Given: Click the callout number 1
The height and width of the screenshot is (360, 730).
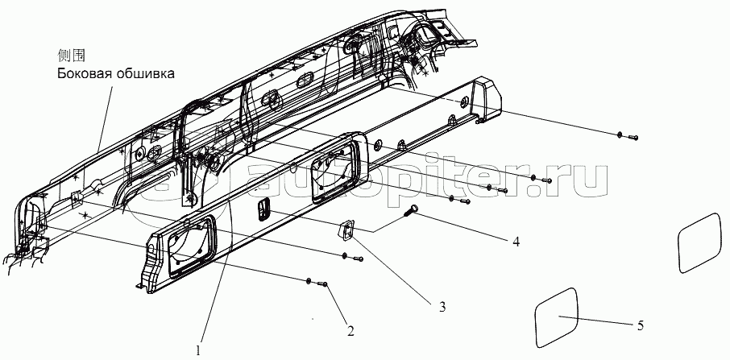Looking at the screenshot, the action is [199, 350].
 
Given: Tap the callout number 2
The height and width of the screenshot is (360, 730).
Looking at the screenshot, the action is [350, 331].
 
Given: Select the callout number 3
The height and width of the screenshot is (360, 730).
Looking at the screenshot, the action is [442, 307].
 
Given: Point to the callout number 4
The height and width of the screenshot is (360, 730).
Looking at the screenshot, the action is [516, 242].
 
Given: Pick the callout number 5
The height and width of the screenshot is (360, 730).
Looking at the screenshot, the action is [640, 325].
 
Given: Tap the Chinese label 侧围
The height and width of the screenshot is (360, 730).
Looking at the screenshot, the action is [71, 56].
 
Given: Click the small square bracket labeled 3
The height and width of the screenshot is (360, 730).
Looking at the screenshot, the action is [345, 230].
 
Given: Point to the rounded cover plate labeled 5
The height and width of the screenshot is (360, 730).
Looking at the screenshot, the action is [557, 317].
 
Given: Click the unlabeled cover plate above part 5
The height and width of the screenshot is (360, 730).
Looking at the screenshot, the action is [699, 242].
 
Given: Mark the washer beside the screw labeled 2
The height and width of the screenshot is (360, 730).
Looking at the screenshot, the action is [309, 280].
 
